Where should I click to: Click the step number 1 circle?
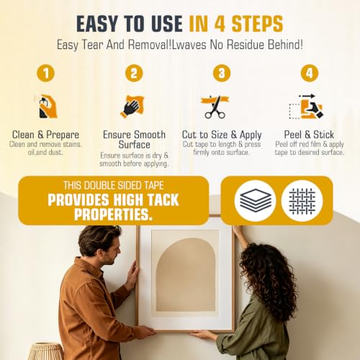coord(45,73)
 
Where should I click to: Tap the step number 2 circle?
coord(134,73)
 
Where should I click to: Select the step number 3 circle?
coord(222,73)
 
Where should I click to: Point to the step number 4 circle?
coord(310,73)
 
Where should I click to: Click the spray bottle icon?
coord(48,107)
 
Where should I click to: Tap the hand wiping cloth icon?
coord(132,107)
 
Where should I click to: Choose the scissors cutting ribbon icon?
coord(215,107)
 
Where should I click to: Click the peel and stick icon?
coord(306,107)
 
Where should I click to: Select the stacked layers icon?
coord(256,201)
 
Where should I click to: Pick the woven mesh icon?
coord(302,201)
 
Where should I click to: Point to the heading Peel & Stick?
coord(309,135)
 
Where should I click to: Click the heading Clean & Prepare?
coord(45,135)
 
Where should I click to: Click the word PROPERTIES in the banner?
coord(113,214)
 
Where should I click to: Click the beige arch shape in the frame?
coord(186,275)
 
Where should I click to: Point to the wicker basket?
coord(46,351)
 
